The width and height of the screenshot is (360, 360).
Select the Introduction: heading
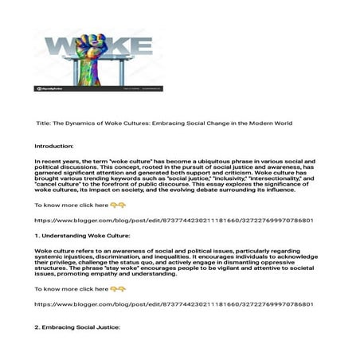[x=57, y=147]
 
